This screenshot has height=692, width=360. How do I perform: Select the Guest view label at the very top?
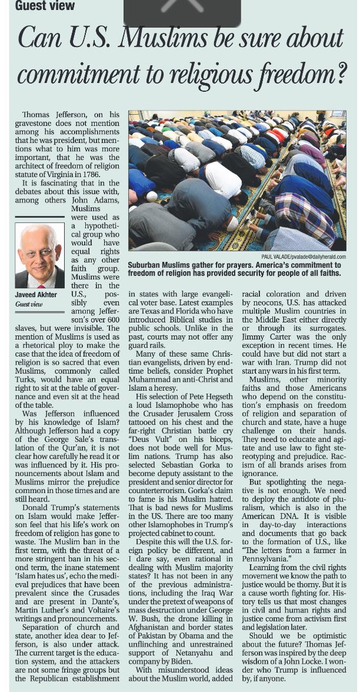45,6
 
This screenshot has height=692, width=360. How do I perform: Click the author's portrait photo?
40,256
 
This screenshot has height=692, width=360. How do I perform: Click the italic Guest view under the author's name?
29,304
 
